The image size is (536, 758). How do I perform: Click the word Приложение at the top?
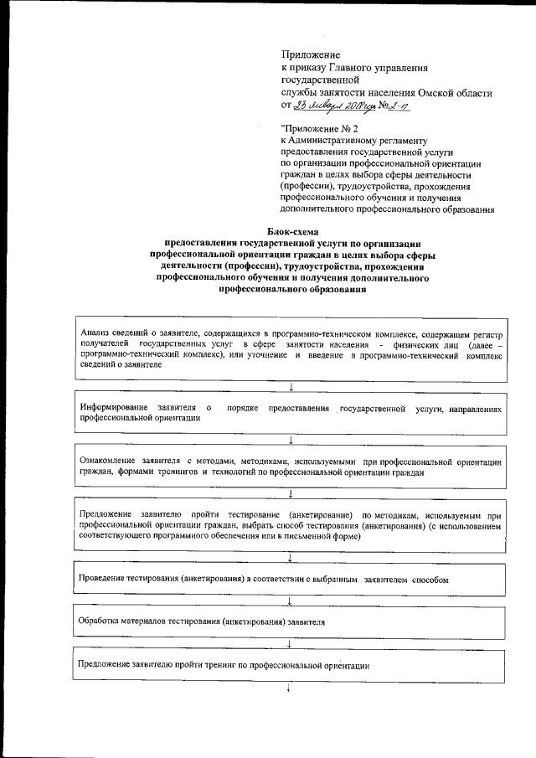[309, 54]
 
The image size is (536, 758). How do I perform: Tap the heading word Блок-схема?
[293, 231]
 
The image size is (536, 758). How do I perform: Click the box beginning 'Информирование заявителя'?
[290, 413]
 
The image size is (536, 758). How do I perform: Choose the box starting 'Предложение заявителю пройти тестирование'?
[290, 524]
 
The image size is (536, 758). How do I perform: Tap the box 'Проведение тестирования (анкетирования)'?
[290, 580]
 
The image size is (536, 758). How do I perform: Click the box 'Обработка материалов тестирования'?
[290, 623]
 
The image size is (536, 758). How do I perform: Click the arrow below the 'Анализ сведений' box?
[290, 386]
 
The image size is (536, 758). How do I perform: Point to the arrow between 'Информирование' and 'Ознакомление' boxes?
[290, 440]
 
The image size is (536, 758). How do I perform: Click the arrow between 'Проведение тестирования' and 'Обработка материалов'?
[290, 601]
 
